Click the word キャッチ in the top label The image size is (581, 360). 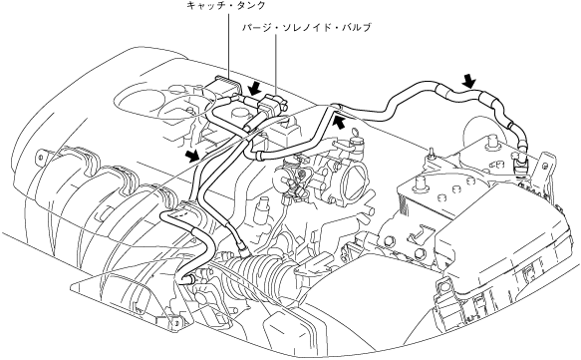[204, 5]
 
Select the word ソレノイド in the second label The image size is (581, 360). [305, 27]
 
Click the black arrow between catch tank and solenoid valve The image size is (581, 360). [255, 89]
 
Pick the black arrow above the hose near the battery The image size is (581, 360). [469, 80]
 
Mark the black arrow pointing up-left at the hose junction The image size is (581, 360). [340, 122]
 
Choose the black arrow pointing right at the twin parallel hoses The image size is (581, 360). [192, 157]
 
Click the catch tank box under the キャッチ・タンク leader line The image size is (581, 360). [221, 88]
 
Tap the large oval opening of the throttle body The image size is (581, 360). [355, 180]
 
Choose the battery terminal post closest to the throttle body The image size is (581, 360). [420, 182]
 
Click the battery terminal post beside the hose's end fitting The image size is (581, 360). [492, 143]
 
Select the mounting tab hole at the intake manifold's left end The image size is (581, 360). [39, 157]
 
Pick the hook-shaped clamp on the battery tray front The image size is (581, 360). [418, 234]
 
